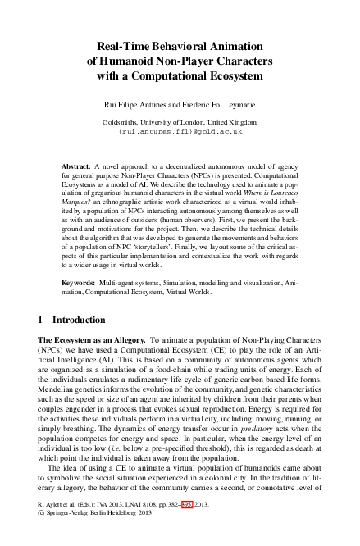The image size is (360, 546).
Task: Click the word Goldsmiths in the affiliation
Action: pos(120,121)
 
